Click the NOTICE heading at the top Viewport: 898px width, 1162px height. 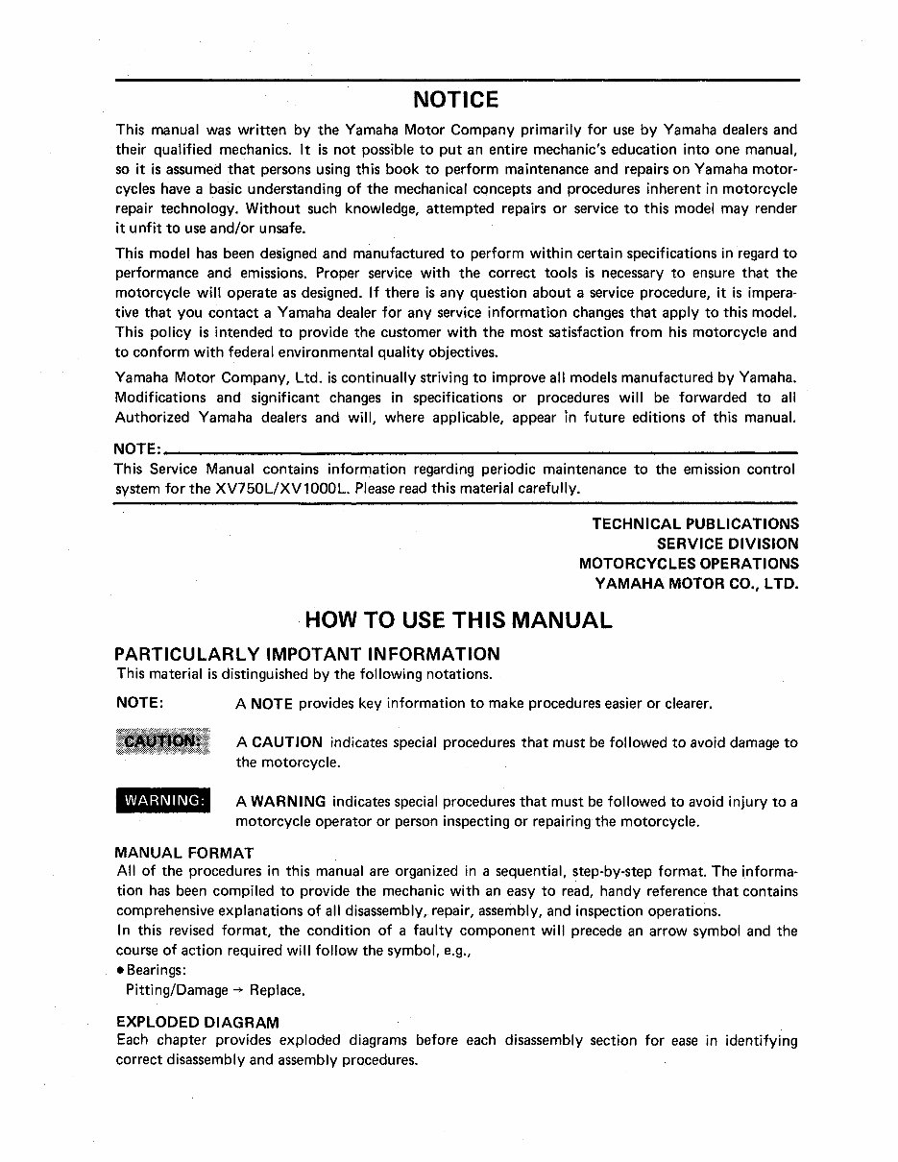(456, 100)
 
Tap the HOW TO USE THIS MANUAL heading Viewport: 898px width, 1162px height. (458, 619)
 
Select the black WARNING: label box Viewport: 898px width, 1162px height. (163, 801)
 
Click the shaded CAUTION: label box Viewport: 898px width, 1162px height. (161, 742)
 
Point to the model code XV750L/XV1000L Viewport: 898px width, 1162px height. (284, 489)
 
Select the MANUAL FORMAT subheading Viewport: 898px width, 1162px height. (183, 852)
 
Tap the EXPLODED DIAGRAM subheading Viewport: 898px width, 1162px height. (197, 1023)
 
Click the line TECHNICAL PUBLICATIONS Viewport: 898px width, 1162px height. (694, 523)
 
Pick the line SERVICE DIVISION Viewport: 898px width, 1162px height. (727, 544)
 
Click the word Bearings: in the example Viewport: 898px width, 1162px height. (158, 970)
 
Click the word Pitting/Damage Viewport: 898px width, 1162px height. (177, 989)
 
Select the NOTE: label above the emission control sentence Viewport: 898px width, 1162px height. (137, 449)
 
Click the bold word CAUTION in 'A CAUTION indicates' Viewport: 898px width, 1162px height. (286, 742)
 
